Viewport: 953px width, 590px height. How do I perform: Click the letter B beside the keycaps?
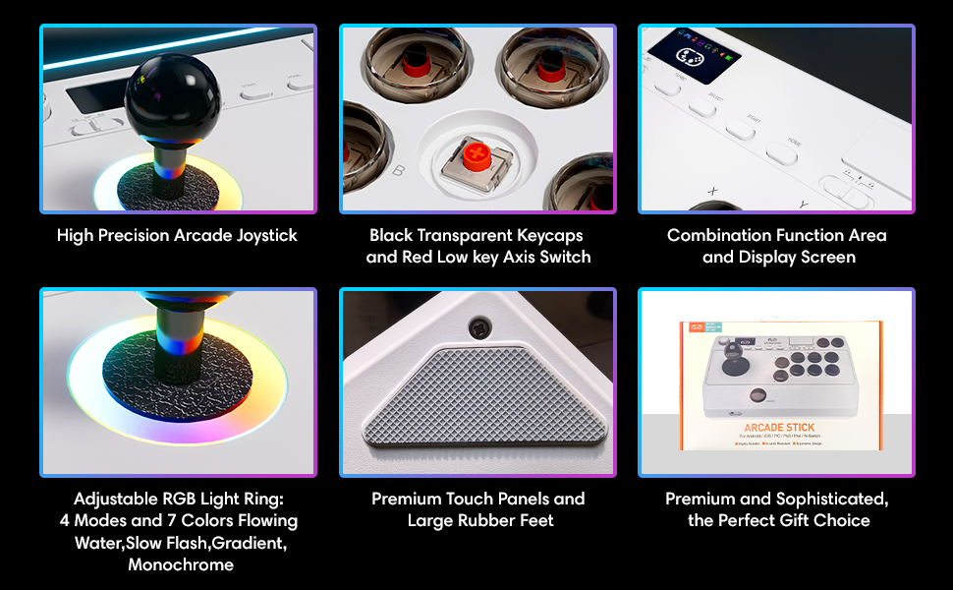398,170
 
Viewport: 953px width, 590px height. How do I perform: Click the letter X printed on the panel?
711,191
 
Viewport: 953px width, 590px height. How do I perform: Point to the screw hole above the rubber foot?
479,325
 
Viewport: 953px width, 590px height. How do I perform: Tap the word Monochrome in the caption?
181,564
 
